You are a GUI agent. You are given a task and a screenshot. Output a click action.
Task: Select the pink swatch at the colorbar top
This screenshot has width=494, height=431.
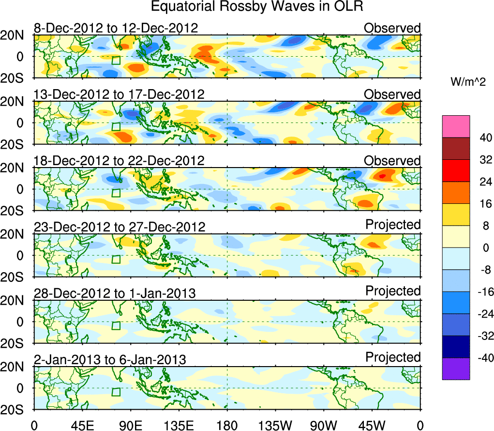(455, 126)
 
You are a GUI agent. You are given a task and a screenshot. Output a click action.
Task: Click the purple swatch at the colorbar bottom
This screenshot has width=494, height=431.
(455, 369)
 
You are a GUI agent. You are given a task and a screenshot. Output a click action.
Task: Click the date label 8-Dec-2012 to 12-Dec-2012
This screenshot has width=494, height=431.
(116, 28)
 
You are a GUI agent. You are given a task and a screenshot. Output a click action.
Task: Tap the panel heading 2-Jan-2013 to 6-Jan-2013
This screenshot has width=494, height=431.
(110, 359)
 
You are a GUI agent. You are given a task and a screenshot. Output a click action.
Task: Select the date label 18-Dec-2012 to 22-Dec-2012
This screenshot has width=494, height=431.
(119, 160)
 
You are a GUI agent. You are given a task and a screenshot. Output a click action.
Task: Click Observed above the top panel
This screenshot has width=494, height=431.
(392, 28)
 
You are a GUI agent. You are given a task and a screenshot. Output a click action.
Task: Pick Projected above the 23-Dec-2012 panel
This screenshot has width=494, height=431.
(393, 225)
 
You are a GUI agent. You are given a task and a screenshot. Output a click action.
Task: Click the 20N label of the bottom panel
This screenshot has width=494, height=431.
(16, 367)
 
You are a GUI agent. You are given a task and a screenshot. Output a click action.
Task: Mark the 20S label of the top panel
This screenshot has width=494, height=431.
(16, 78)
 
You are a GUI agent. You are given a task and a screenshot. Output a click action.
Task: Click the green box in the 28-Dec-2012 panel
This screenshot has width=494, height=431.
(116, 325)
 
